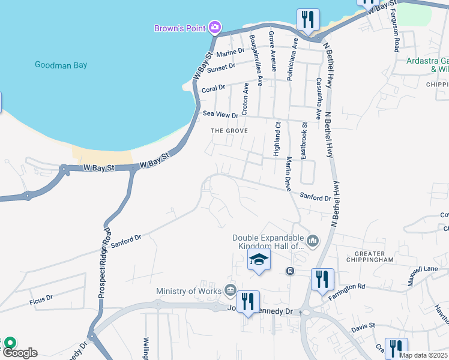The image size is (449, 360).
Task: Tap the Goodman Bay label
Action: [x=61, y=65]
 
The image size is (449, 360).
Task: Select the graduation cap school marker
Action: [x=259, y=260]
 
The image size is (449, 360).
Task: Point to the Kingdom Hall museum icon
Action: [x=312, y=241]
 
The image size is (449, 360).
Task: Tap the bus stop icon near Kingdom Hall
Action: [x=290, y=271]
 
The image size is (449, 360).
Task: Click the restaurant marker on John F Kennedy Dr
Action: [x=248, y=301]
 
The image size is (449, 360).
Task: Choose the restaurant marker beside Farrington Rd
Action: [x=322, y=280]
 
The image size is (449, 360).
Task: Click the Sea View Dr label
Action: [x=221, y=113]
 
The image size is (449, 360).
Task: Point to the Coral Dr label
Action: [x=213, y=87]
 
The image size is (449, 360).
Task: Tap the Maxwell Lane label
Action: [x=423, y=277]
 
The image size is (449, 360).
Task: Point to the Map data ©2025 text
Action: [x=423, y=355]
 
